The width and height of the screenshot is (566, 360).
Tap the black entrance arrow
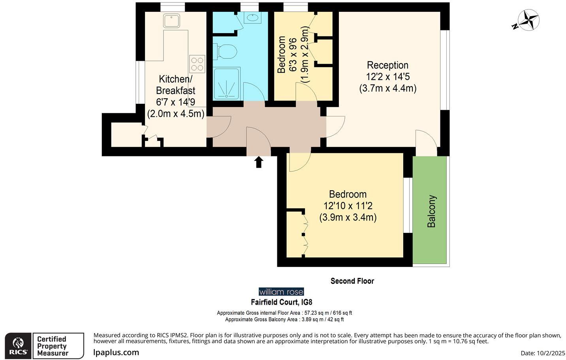(259, 162)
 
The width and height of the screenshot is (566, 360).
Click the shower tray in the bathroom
(227, 84)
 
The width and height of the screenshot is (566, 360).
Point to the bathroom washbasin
(252, 17)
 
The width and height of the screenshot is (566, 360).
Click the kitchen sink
(172, 21)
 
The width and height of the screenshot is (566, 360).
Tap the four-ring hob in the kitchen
(197, 64)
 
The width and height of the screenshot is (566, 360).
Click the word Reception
(387, 65)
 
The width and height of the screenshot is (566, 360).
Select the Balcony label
(431, 211)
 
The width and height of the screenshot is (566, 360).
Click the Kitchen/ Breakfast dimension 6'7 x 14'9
(175, 102)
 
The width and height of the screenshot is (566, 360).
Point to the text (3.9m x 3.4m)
(348, 217)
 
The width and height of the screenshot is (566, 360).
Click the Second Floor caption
(352, 281)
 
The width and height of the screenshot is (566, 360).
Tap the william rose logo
(281, 292)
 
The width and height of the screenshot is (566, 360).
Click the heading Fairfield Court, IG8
(282, 302)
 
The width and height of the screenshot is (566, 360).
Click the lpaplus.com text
(116, 352)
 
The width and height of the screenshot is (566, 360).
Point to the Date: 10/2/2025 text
(543, 353)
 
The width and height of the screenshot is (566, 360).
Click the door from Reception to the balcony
(426, 141)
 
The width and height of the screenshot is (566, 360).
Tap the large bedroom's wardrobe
(295, 233)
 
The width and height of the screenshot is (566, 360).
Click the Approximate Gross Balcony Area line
(284, 319)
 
